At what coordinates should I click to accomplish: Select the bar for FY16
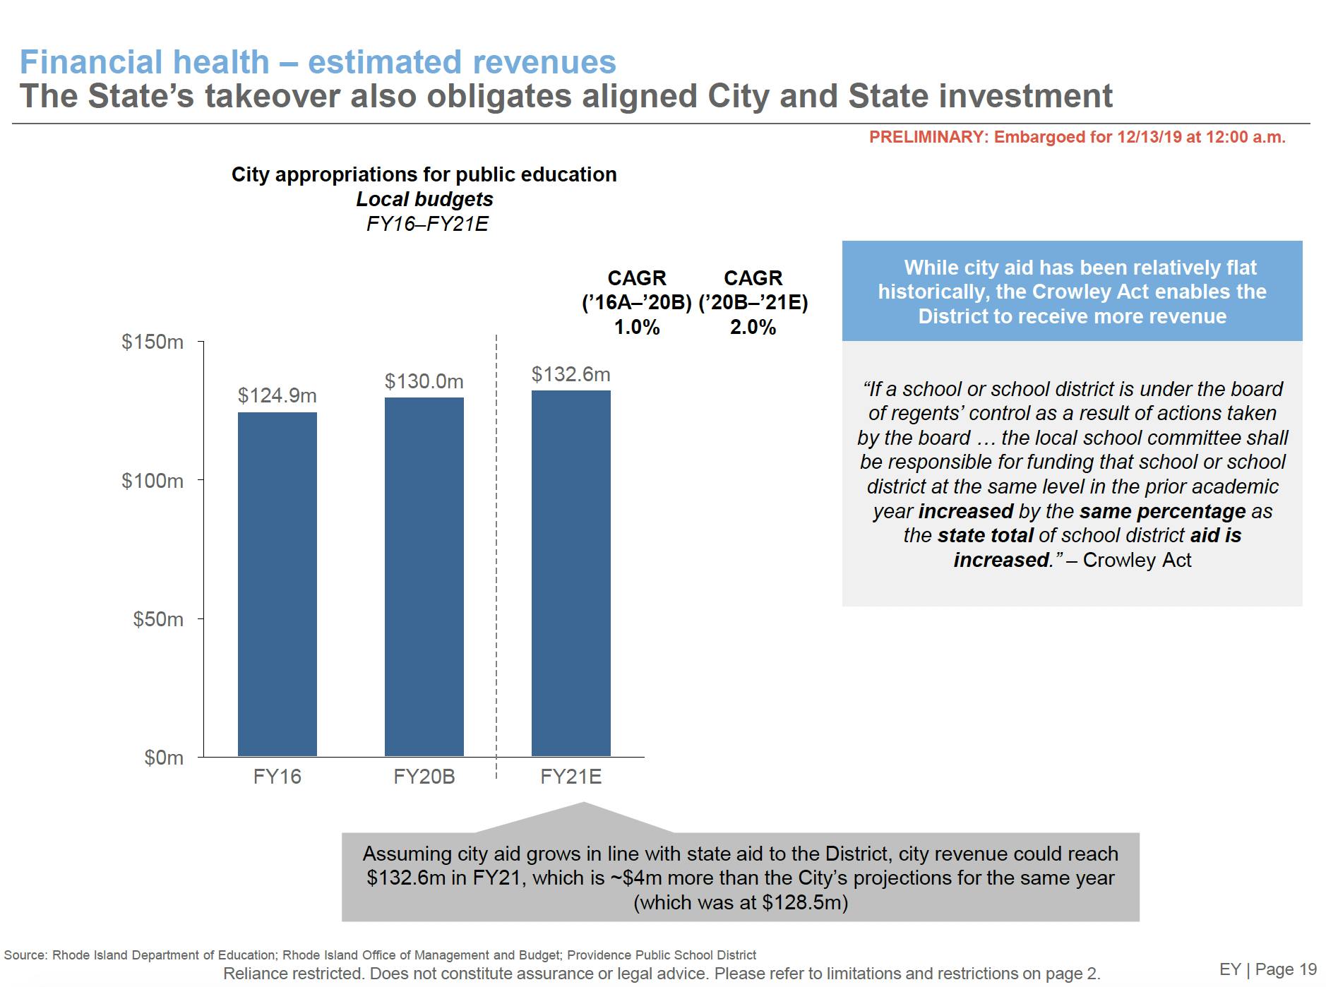pos(277,584)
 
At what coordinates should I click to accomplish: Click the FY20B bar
pos(424,577)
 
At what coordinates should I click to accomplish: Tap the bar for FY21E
pos(571,573)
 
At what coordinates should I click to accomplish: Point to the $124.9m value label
pos(277,395)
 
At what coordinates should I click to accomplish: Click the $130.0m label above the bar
pos(424,382)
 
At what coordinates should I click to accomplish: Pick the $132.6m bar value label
pos(571,374)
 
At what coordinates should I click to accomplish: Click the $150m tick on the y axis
pos(153,342)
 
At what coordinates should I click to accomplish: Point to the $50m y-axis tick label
pos(158,619)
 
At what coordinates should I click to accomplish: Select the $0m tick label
pos(164,758)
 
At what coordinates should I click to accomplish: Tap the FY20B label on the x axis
pos(424,777)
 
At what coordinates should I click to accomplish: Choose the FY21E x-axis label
pos(571,777)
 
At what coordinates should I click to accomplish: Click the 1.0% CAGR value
pos(637,328)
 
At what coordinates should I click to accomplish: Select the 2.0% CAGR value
pos(753,328)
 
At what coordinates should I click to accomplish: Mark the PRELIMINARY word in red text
pos(926,138)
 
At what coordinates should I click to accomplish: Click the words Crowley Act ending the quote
pos(1137,561)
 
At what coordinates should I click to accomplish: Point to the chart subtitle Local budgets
pos(424,200)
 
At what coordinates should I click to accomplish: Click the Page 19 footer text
pos(1286,969)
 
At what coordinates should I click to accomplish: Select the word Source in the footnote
pos(25,955)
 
